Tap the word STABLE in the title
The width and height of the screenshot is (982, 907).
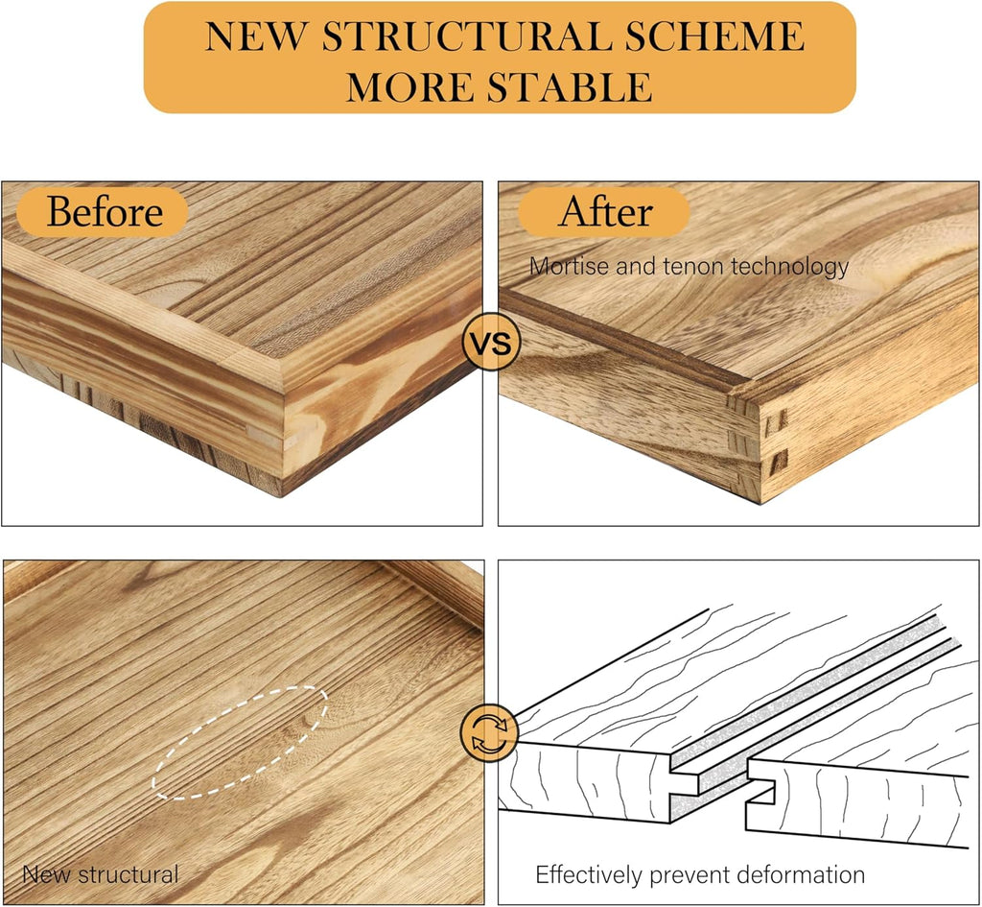(x=570, y=86)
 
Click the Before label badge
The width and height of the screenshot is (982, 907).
(x=102, y=212)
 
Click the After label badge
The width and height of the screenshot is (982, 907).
(x=604, y=212)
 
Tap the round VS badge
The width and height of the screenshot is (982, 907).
(x=491, y=343)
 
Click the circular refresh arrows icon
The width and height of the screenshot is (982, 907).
(x=489, y=732)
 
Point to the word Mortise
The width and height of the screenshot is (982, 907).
(x=570, y=267)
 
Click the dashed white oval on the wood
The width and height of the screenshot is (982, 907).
(x=240, y=744)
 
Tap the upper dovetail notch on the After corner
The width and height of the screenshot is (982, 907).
(x=777, y=422)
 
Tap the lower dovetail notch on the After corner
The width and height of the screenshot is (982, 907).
(x=777, y=463)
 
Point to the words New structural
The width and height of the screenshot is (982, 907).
(x=100, y=874)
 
